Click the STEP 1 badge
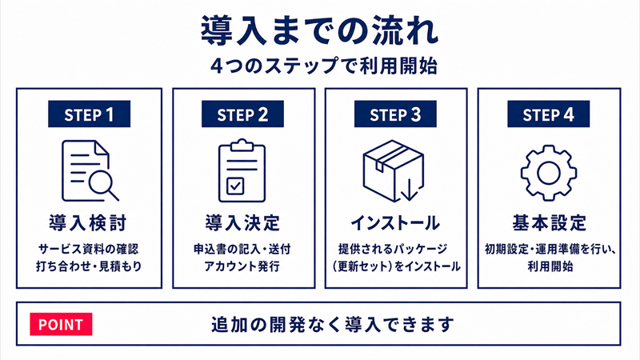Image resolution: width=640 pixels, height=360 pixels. coord(89,114)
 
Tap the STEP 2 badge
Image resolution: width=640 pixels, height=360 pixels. coord(242,114)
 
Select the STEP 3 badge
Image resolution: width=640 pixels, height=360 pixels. coord(395,114)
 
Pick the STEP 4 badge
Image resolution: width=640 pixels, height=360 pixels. coord(548,114)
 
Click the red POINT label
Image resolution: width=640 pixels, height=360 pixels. coord(61,324)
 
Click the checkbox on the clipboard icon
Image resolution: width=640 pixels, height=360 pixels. coord(235,186)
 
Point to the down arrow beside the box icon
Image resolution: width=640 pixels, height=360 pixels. coord(410,189)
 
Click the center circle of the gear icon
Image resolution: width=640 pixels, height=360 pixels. coord(549,173)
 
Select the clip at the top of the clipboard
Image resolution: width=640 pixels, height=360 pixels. coord(242,144)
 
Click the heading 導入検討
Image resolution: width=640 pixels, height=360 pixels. coord(88,223)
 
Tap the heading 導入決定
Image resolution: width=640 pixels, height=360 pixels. coord(242,223)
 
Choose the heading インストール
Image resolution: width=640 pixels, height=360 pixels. coord(395,223)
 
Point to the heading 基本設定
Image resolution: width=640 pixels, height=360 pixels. coord(550,223)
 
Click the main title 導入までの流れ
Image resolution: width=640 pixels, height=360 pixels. coord(320,30)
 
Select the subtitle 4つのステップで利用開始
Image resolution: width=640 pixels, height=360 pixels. coord(324,66)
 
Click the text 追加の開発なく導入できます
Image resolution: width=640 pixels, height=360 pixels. coord(332,325)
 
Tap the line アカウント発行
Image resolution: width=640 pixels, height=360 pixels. coord(242,266)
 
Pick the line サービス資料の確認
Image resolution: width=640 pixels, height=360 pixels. coord(89,249)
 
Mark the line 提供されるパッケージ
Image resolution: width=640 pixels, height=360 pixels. coord(393,249)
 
